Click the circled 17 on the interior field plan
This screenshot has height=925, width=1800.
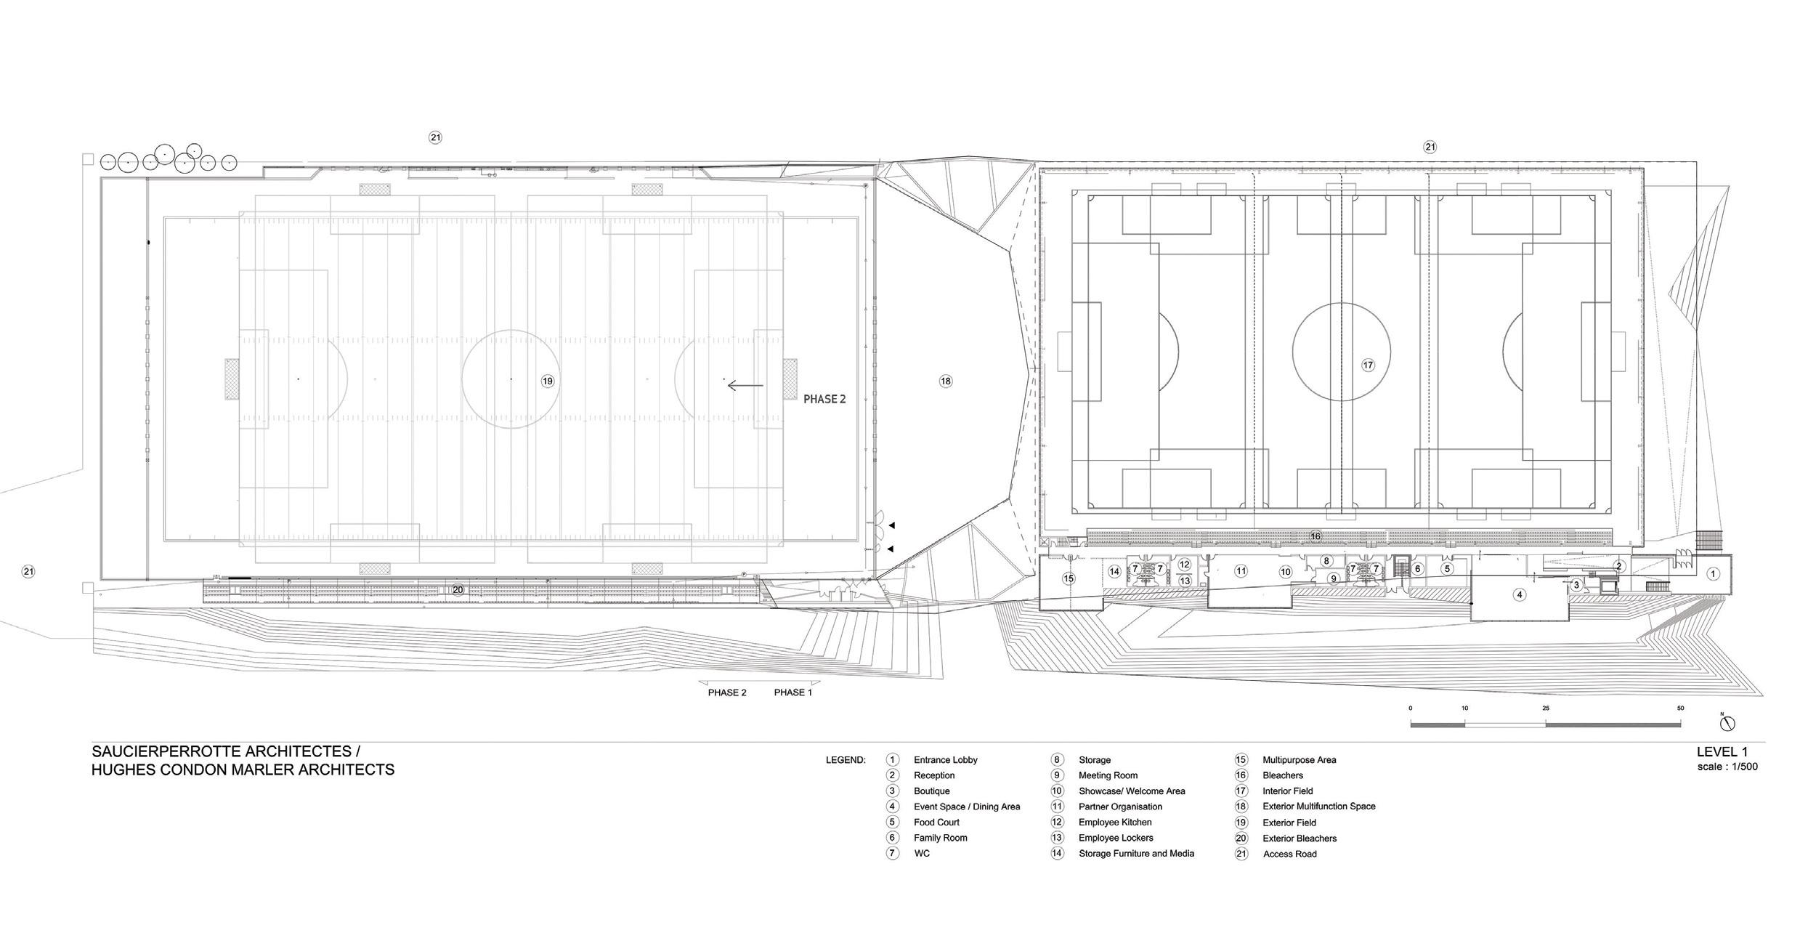(x=1368, y=365)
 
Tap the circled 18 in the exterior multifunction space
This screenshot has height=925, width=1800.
(x=945, y=381)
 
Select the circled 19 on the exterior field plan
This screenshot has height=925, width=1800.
(x=547, y=381)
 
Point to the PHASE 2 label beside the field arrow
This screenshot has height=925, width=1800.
(x=824, y=399)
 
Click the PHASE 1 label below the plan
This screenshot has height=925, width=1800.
(x=792, y=692)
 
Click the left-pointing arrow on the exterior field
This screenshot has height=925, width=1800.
(x=745, y=386)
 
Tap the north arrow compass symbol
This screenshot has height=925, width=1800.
(x=1727, y=724)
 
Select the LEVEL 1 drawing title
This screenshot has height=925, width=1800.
(x=1722, y=752)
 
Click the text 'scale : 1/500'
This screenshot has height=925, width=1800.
(x=1727, y=767)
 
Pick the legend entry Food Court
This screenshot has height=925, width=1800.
(x=936, y=823)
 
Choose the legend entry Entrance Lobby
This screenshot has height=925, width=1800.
(x=945, y=760)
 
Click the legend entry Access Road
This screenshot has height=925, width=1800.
(x=1289, y=854)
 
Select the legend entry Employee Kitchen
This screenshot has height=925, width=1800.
(x=1114, y=823)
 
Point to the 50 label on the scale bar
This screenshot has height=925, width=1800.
(x=1680, y=708)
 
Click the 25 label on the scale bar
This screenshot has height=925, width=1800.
(x=1546, y=708)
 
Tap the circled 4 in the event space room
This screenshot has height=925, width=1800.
(x=1518, y=594)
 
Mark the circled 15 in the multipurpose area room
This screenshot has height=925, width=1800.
(x=1068, y=579)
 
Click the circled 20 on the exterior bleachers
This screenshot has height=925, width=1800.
(x=458, y=590)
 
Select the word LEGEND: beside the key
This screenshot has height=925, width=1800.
(x=846, y=760)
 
